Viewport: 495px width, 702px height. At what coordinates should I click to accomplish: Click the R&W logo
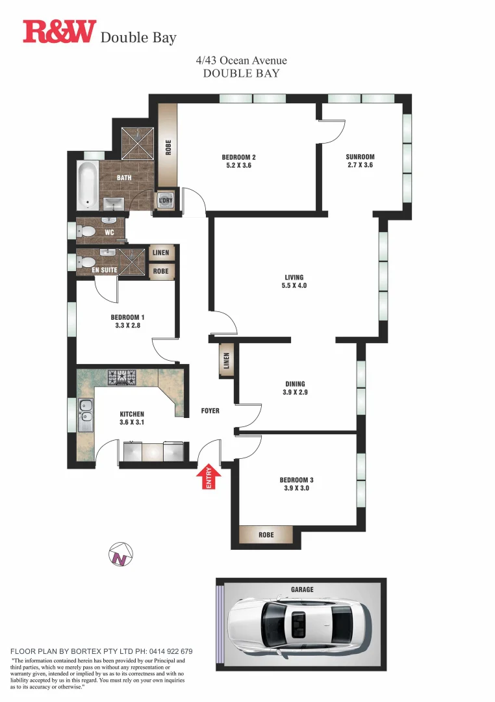click(59, 31)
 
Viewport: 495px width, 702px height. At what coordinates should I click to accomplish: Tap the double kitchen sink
click(85, 415)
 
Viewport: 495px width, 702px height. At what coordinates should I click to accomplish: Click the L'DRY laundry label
click(166, 201)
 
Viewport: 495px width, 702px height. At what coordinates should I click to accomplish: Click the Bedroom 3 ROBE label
click(266, 535)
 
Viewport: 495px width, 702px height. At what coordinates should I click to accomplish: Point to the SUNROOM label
click(360, 157)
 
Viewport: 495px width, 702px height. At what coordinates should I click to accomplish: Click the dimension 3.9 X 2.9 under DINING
click(294, 393)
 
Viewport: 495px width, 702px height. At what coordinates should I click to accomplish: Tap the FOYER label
click(210, 411)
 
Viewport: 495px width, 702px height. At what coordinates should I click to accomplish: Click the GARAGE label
click(302, 590)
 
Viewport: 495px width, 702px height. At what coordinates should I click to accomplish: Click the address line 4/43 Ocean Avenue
click(241, 60)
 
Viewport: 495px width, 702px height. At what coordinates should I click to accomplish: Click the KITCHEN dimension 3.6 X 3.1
click(132, 422)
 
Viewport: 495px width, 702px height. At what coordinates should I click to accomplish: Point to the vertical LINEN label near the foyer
click(227, 361)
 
